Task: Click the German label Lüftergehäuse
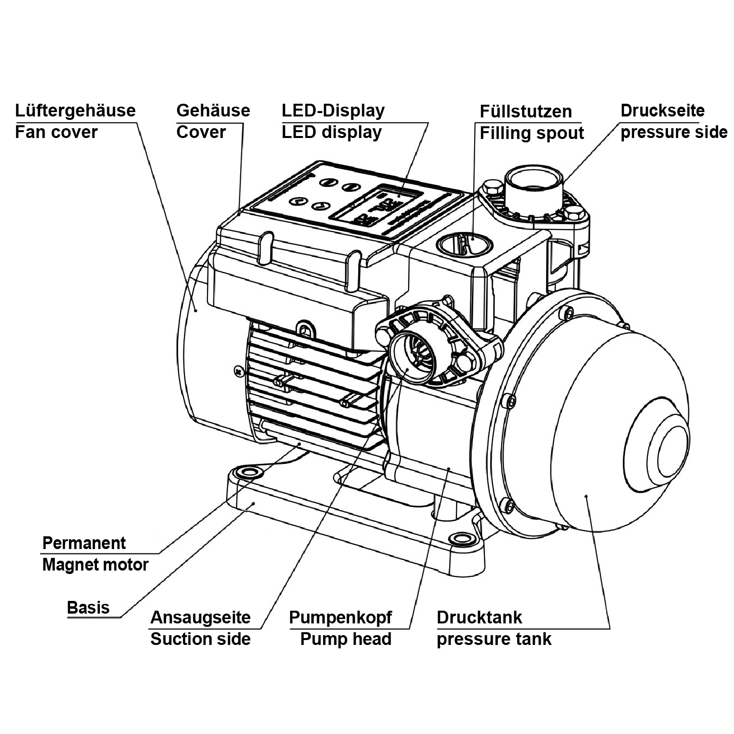pyautogui.click(x=75, y=111)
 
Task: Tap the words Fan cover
pyautogui.click(x=56, y=132)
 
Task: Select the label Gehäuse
pyautogui.click(x=213, y=111)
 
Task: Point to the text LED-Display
pyautogui.click(x=333, y=111)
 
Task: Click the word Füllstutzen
pyautogui.click(x=526, y=112)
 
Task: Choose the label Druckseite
pyautogui.click(x=663, y=111)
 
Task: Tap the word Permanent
pyautogui.click(x=84, y=543)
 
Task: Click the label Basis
pyautogui.click(x=88, y=608)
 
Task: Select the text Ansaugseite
pyautogui.click(x=200, y=618)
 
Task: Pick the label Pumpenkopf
pyautogui.click(x=340, y=618)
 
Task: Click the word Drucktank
pyautogui.click(x=479, y=618)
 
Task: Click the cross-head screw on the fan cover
pyautogui.click(x=239, y=371)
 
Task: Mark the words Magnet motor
pyautogui.click(x=95, y=565)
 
